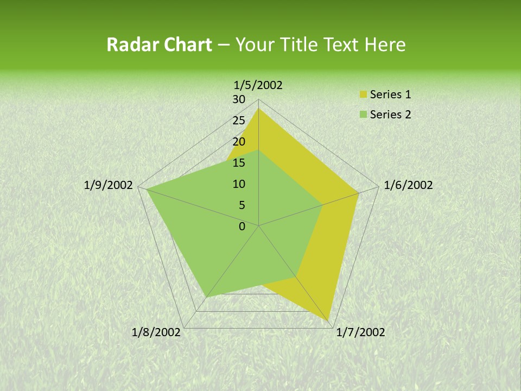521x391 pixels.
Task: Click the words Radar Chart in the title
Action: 159,45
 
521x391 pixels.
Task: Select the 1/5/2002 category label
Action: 258,85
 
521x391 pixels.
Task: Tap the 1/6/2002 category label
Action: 408,185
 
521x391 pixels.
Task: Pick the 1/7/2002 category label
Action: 360,332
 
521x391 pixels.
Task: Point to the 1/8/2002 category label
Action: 156,332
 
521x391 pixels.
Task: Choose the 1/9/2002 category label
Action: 109,185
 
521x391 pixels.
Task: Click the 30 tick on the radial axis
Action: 239,99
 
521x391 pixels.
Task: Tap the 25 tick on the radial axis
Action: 239,121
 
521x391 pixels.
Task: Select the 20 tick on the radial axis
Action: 239,142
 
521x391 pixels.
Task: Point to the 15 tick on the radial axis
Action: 239,163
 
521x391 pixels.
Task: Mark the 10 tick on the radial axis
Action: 239,184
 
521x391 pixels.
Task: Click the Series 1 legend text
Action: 390,94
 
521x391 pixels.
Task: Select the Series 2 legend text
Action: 390,115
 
